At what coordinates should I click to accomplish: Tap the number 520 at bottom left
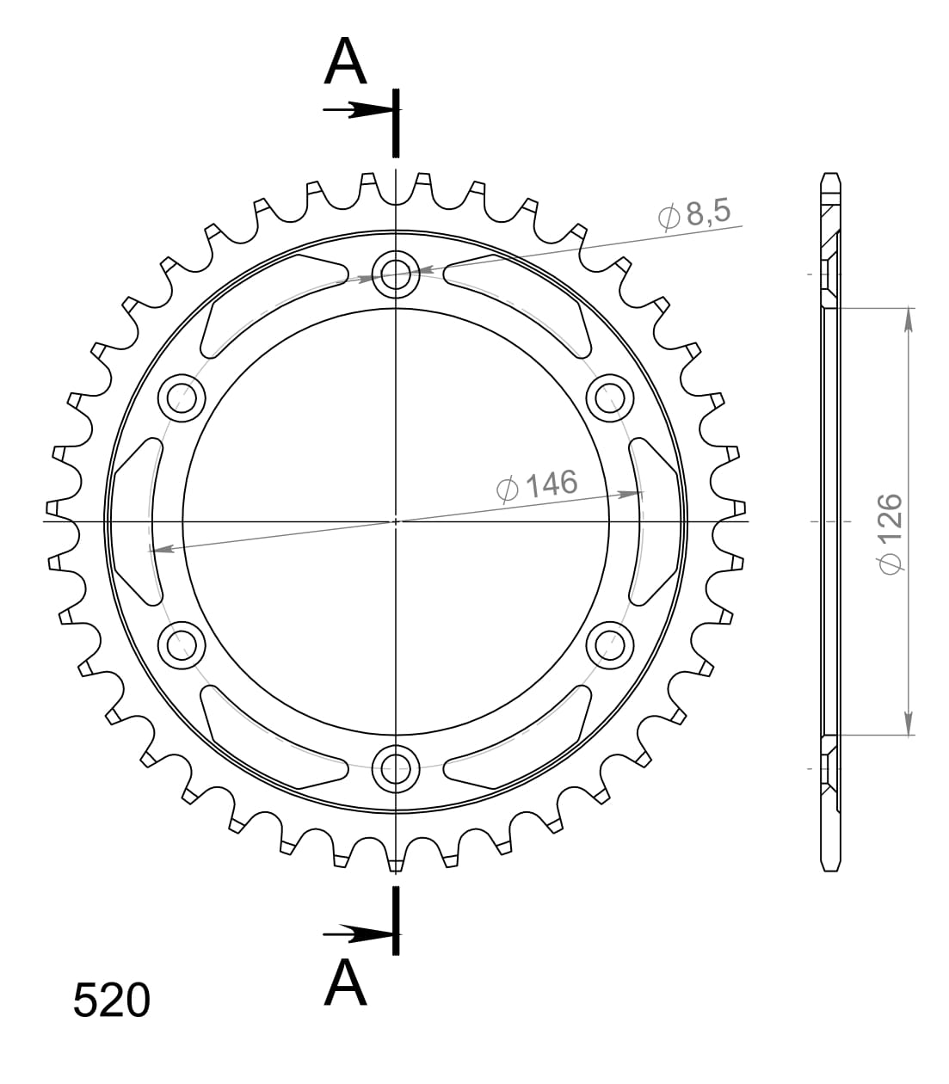(x=112, y=1001)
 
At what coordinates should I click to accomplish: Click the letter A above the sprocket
(x=346, y=63)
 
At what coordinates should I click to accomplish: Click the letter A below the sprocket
(x=346, y=983)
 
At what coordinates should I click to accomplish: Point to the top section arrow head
(x=375, y=110)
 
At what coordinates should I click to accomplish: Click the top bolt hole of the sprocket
(x=396, y=274)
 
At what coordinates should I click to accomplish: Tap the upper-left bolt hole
(x=182, y=398)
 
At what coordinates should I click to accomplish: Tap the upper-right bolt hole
(x=609, y=398)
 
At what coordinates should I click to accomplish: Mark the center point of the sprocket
(x=396, y=520)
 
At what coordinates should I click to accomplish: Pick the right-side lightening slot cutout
(x=656, y=520)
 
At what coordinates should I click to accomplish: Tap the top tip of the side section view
(x=829, y=176)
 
